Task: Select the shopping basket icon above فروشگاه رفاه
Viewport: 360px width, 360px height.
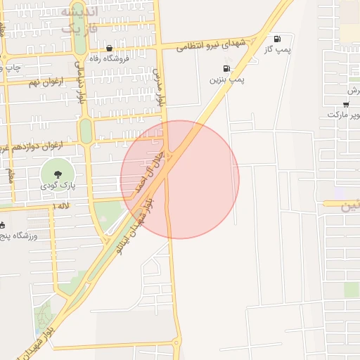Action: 110,48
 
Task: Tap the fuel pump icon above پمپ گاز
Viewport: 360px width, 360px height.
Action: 276,38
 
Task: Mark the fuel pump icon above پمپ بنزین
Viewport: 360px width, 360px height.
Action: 226,69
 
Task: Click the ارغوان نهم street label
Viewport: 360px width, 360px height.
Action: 46,82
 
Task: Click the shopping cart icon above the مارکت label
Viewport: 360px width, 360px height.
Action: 345,104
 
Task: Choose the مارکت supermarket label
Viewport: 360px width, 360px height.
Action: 343,114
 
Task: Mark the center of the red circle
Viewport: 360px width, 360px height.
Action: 180,179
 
